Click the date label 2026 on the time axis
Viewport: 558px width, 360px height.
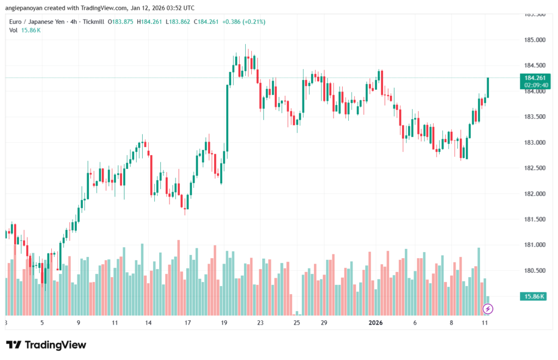click(x=375, y=323)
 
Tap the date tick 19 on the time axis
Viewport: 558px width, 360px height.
click(x=224, y=323)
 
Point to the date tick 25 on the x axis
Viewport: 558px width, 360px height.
click(x=296, y=323)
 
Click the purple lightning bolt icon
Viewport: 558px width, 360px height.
click(x=488, y=309)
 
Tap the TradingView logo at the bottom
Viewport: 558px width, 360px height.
click(x=46, y=345)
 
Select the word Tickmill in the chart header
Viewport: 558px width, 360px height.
click(x=92, y=22)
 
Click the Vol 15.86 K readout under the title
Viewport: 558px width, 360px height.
click(x=25, y=30)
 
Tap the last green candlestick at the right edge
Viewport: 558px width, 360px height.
click(x=488, y=87)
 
